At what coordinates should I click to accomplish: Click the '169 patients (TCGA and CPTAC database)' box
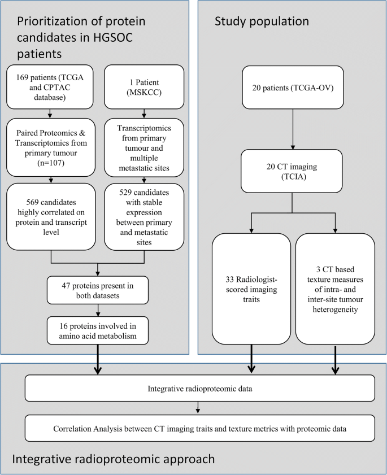click(50, 87)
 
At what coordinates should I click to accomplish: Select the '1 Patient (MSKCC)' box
click(144, 87)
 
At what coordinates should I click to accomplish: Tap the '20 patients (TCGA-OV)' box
click(293, 88)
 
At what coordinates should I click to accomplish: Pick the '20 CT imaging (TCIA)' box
click(292, 171)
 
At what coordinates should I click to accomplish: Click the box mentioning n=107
click(51, 147)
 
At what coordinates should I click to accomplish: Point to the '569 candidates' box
click(51, 217)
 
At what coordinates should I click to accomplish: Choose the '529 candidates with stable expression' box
click(144, 217)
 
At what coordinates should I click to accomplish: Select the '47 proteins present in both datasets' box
click(98, 290)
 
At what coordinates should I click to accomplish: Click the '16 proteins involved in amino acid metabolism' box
click(98, 330)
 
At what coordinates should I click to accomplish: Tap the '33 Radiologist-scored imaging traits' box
click(251, 289)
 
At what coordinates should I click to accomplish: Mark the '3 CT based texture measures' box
click(335, 289)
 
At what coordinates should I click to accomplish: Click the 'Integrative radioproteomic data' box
click(200, 389)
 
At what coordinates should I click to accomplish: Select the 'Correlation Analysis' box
click(200, 428)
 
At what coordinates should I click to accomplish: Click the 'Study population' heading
click(262, 21)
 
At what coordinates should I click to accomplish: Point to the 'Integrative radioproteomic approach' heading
click(114, 459)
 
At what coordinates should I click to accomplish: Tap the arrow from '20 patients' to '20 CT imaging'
click(293, 129)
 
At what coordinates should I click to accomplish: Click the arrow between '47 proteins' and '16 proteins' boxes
click(98, 311)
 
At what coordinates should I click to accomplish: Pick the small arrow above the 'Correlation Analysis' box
click(198, 407)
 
